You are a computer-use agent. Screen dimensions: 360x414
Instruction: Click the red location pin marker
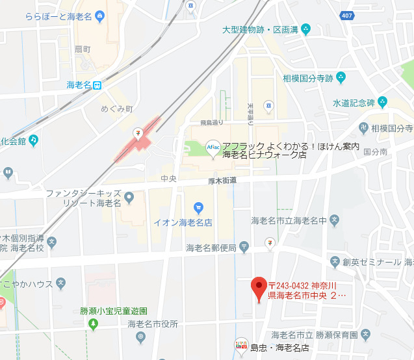259,286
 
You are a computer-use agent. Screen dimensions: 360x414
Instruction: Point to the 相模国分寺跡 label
307,79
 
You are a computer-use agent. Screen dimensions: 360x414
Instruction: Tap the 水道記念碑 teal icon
382,102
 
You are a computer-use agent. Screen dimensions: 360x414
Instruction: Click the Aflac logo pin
213,148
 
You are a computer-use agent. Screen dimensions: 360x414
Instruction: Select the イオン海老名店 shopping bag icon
199,208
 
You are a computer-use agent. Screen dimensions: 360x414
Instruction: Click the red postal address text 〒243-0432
302,287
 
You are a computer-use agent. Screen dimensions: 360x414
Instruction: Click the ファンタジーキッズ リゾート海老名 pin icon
129,196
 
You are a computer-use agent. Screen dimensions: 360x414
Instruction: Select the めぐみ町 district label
117,109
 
